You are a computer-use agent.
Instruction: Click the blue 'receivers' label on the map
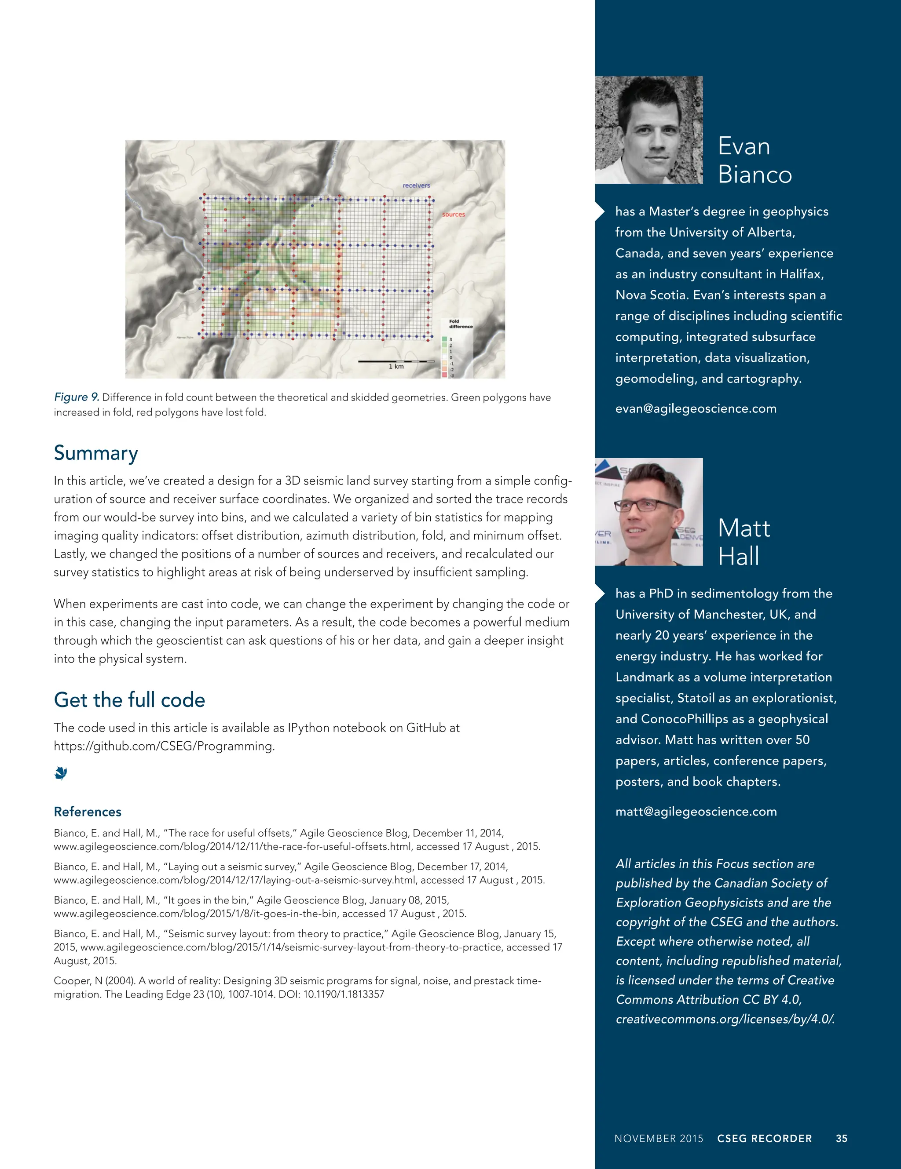click(416, 186)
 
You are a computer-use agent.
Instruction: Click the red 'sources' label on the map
click(453, 215)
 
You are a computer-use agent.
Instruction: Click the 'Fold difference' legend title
click(460, 324)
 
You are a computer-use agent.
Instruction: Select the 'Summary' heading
click(96, 453)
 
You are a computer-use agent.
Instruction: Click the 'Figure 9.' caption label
click(76, 397)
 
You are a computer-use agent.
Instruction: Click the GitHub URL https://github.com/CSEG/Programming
click(164, 746)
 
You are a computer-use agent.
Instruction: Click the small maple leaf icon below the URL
click(61, 773)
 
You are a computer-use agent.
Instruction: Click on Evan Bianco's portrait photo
click(649, 130)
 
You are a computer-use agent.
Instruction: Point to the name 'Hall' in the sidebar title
click(738, 556)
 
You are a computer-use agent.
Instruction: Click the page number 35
click(841, 1139)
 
